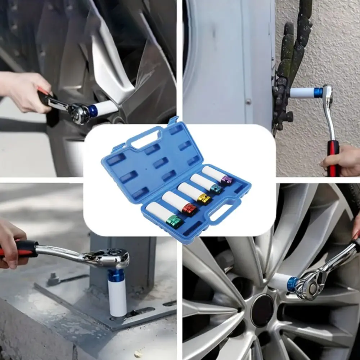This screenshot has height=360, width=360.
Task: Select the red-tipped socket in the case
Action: coord(179,203)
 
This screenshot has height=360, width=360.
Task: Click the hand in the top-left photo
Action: coord(23,90)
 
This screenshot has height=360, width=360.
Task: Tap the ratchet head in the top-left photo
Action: coord(78,112)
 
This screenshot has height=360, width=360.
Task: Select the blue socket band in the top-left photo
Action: coord(93,111)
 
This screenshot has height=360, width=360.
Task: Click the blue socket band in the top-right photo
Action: coord(318,93)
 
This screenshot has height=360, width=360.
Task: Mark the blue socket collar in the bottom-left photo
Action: coord(116,276)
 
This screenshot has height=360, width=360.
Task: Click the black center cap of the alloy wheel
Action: coord(262,310)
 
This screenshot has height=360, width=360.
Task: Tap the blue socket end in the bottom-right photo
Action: coord(292,284)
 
